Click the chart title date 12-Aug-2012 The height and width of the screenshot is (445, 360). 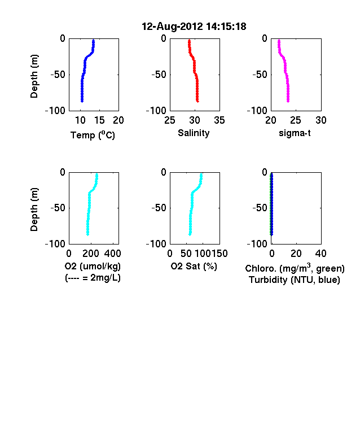(x=172, y=27)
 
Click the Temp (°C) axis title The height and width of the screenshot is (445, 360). (x=93, y=135)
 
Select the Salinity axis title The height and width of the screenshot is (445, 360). (x=194, y=133)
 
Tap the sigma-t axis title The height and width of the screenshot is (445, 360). (x=295, y=133)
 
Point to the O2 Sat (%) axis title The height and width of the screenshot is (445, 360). (x=194, y=266)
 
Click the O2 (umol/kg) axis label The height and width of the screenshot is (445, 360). (x=93, y=266)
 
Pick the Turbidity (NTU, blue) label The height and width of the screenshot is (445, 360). (x=295, y=280)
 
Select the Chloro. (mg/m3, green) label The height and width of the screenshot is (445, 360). (x=295, y=268)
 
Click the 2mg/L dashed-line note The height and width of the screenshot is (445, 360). (x=93, y=277)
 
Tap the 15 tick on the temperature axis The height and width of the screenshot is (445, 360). (x=99, y=120)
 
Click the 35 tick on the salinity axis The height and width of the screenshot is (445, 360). (x=219, y=120)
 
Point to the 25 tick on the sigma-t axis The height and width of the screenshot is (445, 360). (x=295, y=120)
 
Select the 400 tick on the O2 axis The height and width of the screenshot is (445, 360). (x=112, y=253)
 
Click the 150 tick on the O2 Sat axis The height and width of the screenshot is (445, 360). (x=219, y=253)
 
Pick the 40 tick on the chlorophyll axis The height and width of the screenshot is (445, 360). (x=321, y=253)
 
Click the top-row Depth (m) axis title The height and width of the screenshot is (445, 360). (x=34, y=76)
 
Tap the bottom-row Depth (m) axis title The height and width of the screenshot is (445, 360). (x=34, y=210)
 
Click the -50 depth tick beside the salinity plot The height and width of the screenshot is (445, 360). (x=159, y=75)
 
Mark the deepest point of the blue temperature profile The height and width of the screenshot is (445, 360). (x=82, y=101)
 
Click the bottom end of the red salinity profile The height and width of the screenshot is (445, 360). (x=197, y=101)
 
